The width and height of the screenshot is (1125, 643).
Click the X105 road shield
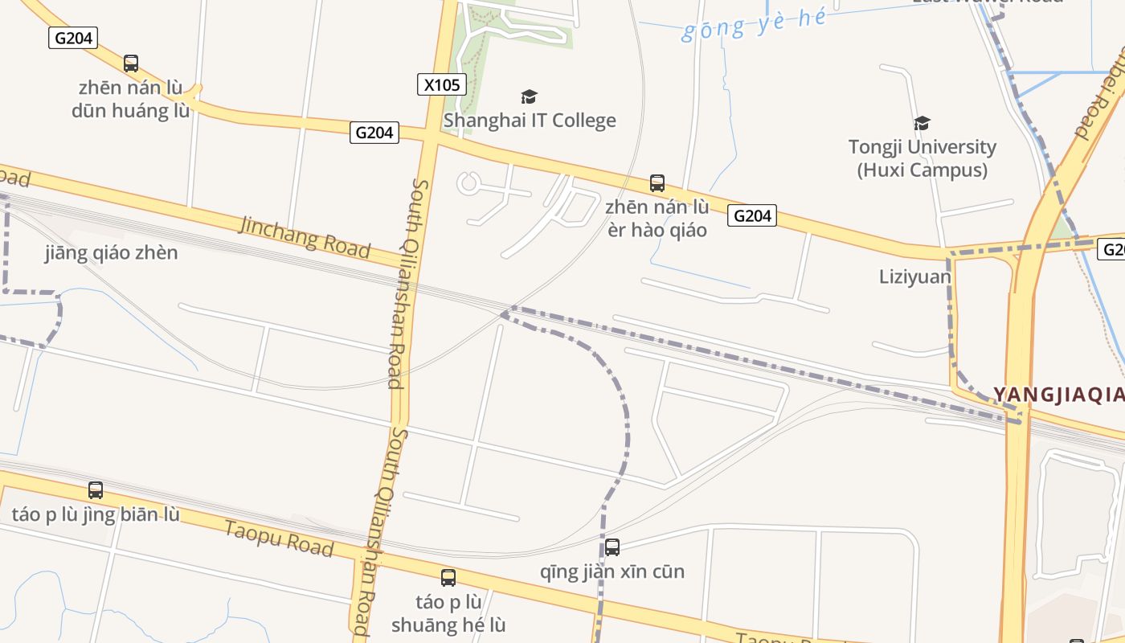coord(442,84)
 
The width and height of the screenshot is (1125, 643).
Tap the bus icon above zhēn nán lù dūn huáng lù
coord(131,63)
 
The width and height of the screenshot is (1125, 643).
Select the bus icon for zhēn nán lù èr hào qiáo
coord(657,183)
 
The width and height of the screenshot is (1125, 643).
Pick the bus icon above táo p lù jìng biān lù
coord(96,489)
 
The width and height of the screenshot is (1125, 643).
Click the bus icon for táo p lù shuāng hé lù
coord(448,577)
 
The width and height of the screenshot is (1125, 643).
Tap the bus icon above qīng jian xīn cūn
coord(612,547)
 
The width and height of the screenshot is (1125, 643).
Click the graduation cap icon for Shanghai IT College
coord(529,97)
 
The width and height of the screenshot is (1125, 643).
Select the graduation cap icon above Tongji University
coord(922,123)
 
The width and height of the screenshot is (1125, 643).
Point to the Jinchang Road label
coord(305,235)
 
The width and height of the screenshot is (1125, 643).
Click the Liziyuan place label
coord(915,277)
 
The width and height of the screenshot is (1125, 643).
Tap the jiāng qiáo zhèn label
coord(112,253)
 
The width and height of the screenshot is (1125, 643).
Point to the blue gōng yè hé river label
coord(753,25)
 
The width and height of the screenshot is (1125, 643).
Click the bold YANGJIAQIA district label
coord(1058,395)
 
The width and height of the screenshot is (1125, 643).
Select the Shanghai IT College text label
coord(530,121)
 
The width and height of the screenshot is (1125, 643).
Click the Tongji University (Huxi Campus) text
coord(922,158)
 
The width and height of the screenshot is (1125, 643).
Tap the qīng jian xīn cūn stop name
coord(612,571)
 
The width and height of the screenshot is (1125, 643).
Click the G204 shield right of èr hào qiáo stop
coord(752,215)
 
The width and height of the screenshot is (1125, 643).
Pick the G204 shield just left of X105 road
coord(374,133)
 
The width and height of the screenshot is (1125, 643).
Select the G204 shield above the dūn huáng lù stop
coord(73,38)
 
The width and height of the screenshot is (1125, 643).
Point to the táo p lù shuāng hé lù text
coord(448,613)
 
